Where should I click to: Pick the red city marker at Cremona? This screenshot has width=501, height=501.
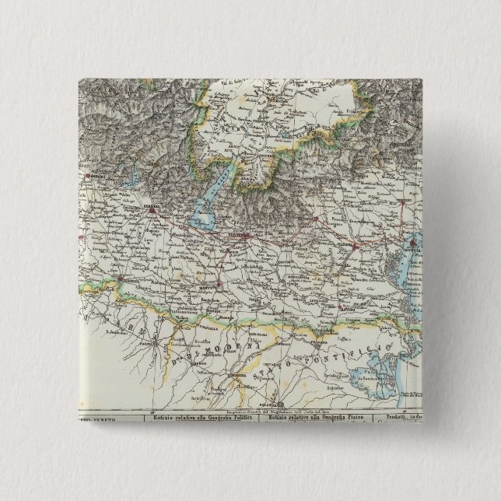pyautogui.click(x=122, y=278)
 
